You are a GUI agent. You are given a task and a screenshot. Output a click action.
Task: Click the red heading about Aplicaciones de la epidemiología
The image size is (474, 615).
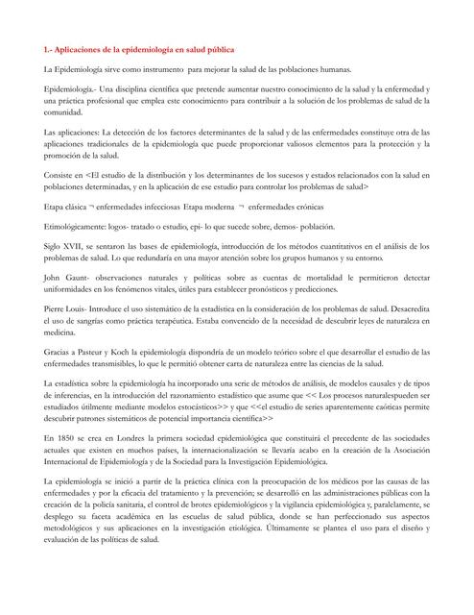tap(138, 48)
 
